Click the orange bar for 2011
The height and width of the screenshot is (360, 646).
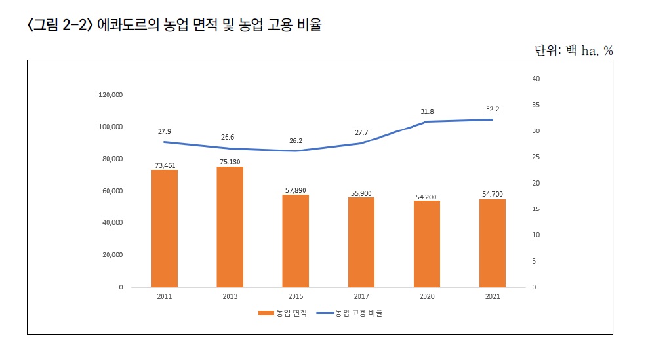click(164, 228)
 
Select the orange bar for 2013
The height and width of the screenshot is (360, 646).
click(230, 227)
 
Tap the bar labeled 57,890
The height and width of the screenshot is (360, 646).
click(295, 241)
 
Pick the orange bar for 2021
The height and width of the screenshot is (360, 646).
click(492, 243)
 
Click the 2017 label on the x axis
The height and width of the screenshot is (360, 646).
click(361, 296)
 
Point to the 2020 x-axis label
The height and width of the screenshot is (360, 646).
click(426, 296)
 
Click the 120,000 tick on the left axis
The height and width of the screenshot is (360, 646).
click(111, 95)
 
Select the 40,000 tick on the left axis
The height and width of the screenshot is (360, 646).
click(113, 223)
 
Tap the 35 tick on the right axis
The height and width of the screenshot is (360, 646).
click(535, 105)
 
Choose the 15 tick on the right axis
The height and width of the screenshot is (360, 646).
click(535, 209)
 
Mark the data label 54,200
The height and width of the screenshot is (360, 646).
click(426, 196)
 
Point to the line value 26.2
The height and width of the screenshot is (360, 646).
click(295, 141)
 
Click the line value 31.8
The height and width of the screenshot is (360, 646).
click(426, 111)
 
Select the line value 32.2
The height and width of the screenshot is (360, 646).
click(492, 110)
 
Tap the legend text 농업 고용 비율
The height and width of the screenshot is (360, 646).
click(359, 313)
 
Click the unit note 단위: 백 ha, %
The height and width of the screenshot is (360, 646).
click(573, 50)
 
